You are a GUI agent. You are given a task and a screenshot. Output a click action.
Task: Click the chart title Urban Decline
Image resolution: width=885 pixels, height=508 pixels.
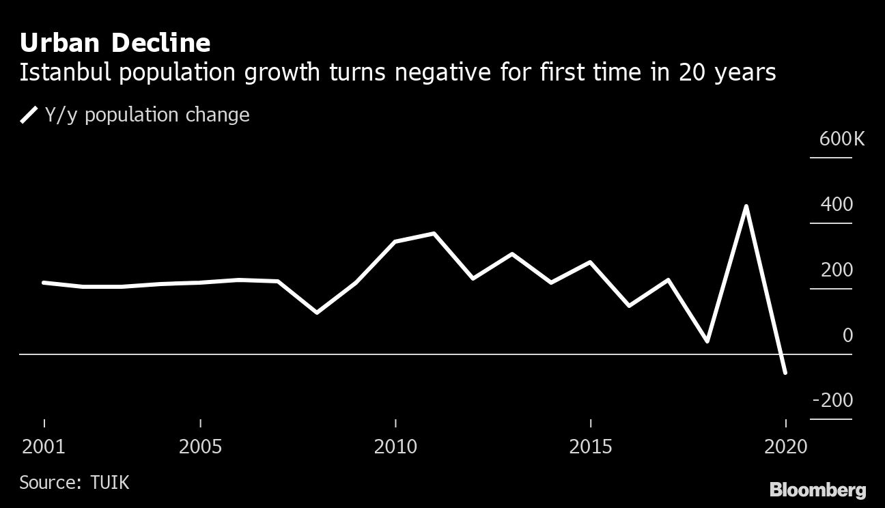pos(115,43)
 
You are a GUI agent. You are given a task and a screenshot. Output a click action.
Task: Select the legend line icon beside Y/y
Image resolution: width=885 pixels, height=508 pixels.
pos(29,115)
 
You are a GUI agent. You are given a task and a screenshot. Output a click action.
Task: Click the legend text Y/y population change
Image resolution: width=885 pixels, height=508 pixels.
pos(147,115)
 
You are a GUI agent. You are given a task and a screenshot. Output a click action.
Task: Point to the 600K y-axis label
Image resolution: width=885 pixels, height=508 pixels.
pos(841,139)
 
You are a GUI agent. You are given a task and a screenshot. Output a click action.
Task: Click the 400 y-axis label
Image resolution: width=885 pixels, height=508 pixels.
pos(837,205)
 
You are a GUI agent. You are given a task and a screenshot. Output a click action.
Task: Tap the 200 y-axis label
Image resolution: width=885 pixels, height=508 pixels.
pos(837,270)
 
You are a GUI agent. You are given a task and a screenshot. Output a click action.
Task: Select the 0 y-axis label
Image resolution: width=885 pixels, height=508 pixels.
pos(847,335)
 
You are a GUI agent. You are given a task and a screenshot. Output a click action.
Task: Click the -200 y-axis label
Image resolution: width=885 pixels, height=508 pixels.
pos(832,400)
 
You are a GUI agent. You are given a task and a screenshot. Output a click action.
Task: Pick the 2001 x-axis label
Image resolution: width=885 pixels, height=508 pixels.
pos(44,447)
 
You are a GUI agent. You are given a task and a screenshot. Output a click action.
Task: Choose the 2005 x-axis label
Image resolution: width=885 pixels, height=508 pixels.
pos(200,447)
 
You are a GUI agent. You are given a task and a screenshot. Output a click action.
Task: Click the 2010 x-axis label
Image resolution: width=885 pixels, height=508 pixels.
pos(395,447)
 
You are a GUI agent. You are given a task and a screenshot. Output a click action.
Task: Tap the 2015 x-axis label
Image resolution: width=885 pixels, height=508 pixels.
pos(590,447)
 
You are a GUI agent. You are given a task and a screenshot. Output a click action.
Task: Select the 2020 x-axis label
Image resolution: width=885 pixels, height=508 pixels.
pos(785,447)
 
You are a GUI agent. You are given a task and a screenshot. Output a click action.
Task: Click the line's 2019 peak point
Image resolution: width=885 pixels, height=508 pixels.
pos(746,206)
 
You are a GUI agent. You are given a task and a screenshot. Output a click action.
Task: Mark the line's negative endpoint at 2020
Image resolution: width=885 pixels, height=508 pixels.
pos(785,372)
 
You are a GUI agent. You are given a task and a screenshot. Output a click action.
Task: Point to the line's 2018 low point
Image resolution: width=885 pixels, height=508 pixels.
pos(707,341)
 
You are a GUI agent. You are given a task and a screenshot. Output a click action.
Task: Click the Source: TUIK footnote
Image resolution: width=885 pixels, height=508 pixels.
pos(74,483)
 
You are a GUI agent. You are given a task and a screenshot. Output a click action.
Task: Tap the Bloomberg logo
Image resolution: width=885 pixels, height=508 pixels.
pos(817,490)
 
